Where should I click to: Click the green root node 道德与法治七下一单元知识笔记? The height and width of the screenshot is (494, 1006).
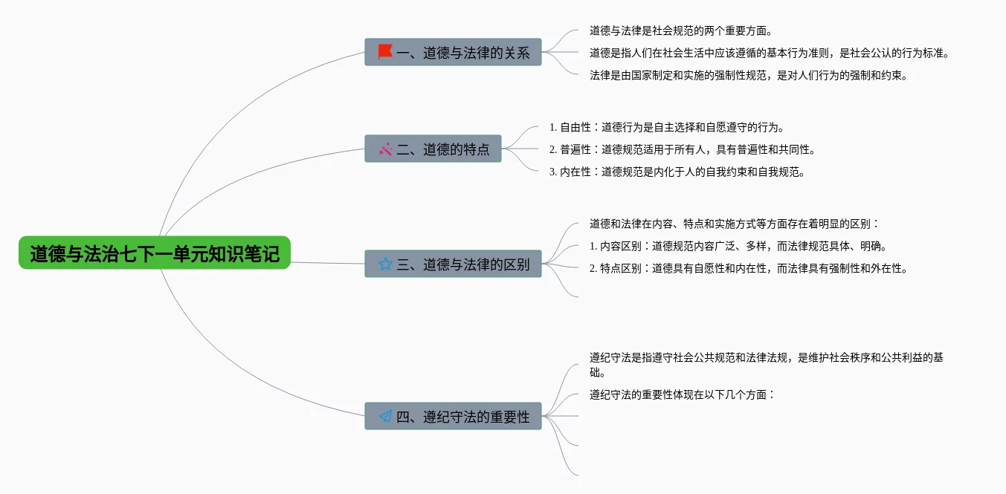tap(155, 253)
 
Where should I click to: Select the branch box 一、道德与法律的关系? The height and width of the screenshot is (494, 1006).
tap(453, 52)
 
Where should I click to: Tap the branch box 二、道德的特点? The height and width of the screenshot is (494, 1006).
tap(433, 149)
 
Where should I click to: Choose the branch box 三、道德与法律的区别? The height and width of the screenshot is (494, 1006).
tap(453, 264)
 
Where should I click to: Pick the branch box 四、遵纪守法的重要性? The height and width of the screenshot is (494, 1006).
tap(453, 416)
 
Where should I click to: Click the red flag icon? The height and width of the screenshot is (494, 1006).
tap(385, 52)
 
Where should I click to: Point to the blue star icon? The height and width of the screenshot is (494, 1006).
tap(385, 264)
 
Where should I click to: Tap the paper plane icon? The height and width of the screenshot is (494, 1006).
tap(385, 416)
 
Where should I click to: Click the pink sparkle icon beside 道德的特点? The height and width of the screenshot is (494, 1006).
tap(385, 149)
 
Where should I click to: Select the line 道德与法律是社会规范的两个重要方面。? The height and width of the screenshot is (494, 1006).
tap(681, 31)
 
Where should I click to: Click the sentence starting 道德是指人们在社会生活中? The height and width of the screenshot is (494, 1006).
tap(769, 53)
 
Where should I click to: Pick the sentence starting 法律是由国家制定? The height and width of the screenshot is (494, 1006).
tap(748, 75)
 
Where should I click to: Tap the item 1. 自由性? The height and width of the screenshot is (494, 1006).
tap(667, 127)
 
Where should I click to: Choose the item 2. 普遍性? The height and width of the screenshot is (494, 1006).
tap(682, 149)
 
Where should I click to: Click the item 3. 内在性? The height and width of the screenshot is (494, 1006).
tap(677, 172)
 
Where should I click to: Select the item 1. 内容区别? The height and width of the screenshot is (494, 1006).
tap(738, 246)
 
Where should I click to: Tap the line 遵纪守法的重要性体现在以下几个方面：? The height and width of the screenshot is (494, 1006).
tap(683, 394)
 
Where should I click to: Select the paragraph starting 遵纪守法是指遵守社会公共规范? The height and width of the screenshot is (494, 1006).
tap(766, 364)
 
